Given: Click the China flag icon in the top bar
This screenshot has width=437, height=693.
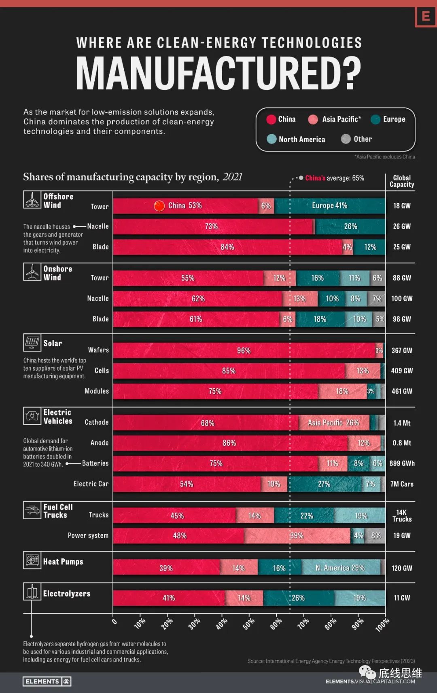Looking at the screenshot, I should tap(159, 206).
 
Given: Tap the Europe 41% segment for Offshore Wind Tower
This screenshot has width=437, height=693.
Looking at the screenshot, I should tap(329, 206).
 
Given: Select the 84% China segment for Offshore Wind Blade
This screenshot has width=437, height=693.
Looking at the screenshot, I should tap(227, 247).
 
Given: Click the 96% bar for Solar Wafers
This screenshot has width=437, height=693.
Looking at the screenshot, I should tap(244, 350).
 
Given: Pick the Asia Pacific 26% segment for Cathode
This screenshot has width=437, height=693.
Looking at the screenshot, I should tap(333, 423).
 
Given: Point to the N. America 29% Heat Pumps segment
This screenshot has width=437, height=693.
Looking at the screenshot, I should tap(340, 568).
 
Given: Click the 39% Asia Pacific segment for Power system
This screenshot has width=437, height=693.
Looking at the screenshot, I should tap(297, 535).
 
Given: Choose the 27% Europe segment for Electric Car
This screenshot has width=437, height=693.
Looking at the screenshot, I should tap(324, 484).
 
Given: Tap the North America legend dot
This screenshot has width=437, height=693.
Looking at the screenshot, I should tap(272, 139).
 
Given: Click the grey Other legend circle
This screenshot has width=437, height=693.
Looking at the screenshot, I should tap(346, 139).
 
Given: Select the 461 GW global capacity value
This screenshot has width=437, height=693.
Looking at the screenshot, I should tap(401, 391).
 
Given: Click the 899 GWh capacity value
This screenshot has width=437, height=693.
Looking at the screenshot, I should tap(402, 463).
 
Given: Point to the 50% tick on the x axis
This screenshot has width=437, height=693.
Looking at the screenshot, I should tap(248, 623).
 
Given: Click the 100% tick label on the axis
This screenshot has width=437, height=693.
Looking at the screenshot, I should tap(382, 625).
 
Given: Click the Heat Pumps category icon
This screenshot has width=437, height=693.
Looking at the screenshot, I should tap(32, 560).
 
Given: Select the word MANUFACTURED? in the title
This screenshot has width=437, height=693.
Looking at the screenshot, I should tap(218, 73).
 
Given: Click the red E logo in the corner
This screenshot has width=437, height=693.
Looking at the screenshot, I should tap(425, 17).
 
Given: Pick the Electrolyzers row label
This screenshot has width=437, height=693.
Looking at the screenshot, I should tap(67, 594).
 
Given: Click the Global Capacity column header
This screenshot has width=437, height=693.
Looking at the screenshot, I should tap(402, 181).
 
